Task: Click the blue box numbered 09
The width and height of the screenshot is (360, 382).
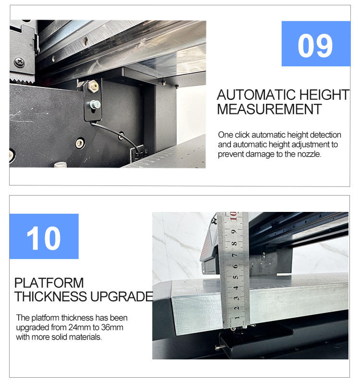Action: (x=316, y=44)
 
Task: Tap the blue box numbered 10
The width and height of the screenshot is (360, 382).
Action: (x=44, y=236)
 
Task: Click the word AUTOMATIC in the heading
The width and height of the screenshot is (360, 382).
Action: (x=256, y=95)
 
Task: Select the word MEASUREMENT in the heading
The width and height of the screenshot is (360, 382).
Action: (x=269, y=109)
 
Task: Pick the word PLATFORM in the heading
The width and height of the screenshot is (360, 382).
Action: (x=49, y=283)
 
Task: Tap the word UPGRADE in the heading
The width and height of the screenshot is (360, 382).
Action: (x=121, y=296)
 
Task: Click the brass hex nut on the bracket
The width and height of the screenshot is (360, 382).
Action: (x=93, y=86)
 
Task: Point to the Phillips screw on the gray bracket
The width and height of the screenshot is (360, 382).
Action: (x=19, y=62)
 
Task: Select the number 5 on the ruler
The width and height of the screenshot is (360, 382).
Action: (x=235, y=277)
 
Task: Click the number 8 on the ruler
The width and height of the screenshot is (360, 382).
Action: (x=234, y=244)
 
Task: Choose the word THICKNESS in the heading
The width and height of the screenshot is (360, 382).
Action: (x=50, y=296)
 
